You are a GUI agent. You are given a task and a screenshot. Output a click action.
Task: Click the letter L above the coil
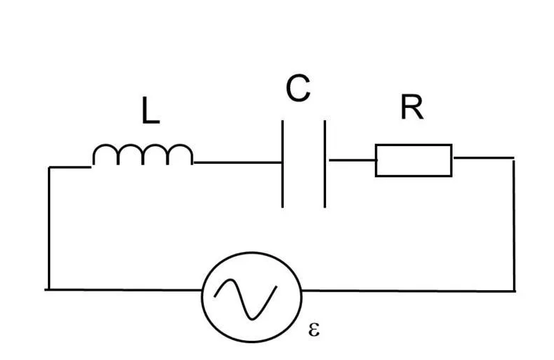150,112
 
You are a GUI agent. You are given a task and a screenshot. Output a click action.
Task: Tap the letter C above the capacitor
298,89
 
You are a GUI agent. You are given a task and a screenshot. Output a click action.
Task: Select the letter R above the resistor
411,108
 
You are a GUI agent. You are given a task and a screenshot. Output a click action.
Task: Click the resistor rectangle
413,160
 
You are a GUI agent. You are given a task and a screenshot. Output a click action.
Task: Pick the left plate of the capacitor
283,164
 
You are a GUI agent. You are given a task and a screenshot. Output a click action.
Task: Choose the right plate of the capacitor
325,164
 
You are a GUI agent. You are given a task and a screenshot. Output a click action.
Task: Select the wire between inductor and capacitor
237,163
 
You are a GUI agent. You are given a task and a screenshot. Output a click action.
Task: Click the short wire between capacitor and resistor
350,160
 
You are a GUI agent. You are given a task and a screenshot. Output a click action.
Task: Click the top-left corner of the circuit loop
49,167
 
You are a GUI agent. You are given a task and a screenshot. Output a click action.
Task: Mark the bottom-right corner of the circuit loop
514,289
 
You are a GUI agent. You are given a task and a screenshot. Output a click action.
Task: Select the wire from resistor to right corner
483,157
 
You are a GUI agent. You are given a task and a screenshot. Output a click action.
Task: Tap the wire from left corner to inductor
70,167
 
